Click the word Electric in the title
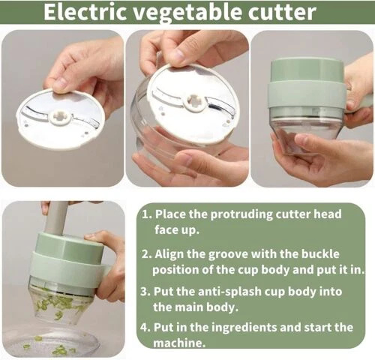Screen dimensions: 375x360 pos(85,12)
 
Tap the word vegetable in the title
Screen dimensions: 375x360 pos(187,13)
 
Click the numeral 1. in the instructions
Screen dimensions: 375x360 pos(146,214)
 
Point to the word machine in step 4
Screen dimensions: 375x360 pos(178,343)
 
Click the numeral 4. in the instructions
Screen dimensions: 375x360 pos(145,328)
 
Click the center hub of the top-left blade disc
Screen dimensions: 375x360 pos(60,117)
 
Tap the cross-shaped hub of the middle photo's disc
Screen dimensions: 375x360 pos(194,101)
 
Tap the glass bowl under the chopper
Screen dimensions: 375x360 pos(50,343)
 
